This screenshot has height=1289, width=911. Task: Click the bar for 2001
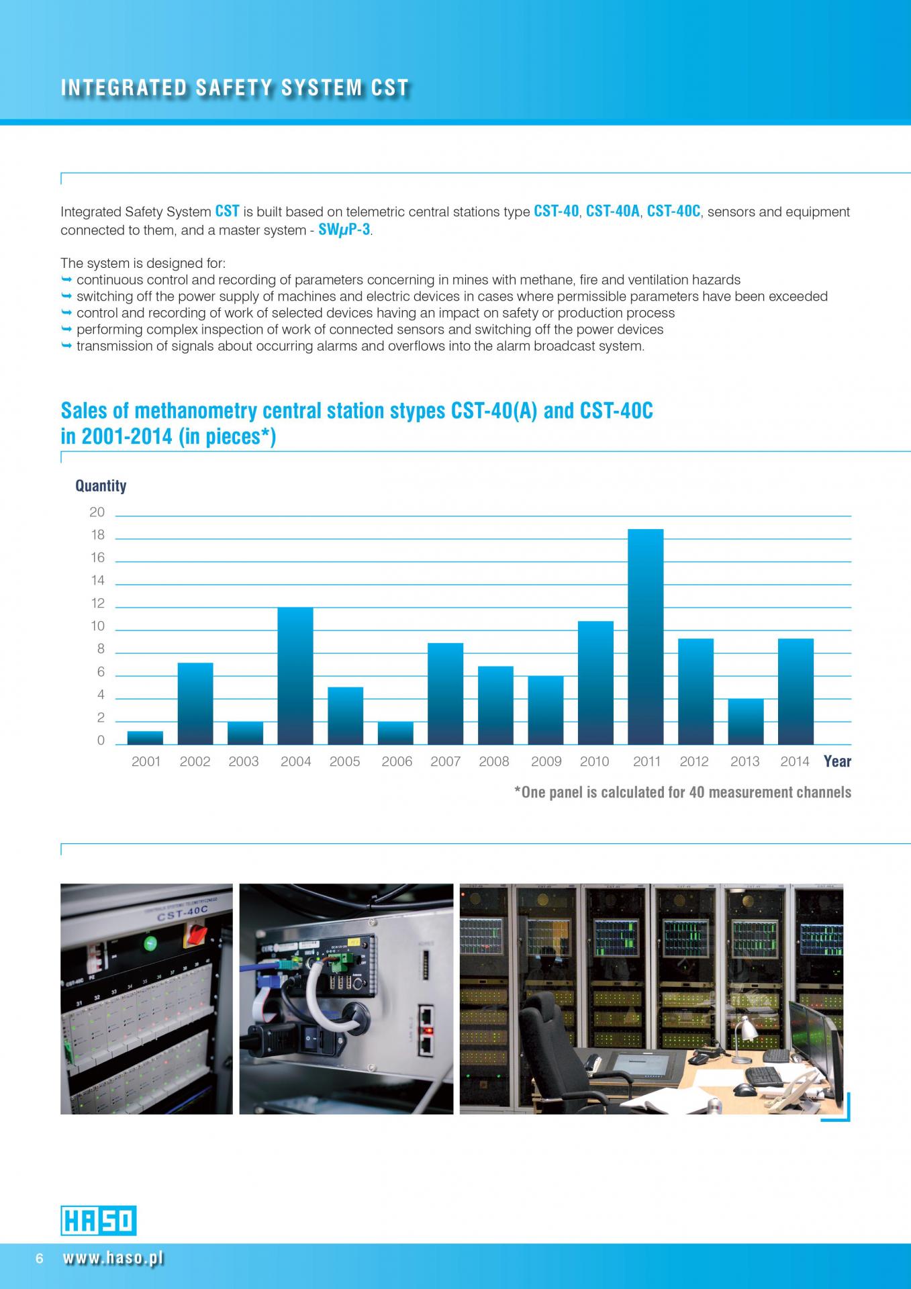(145, 738)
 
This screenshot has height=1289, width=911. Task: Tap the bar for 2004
(295, 675)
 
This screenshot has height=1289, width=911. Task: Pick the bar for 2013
(745, 722)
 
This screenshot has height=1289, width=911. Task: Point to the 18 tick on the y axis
(98, 535)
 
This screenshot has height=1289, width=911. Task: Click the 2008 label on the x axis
(494, 761)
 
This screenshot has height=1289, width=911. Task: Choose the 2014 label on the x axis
(795, 761)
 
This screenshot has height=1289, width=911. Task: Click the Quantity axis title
(101, 485)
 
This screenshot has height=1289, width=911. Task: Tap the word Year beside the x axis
(837, 761)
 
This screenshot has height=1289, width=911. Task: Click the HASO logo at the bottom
(99, 1221)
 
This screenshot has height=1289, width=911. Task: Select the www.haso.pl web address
(113, 1259)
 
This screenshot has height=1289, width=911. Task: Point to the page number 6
(40, 1259)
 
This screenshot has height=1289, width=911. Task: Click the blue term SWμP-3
(344, 230)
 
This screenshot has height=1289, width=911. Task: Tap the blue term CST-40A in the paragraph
(612, 211)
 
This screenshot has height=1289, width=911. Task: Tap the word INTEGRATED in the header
(124, 88)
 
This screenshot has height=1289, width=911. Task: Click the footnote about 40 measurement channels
(682, 792)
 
